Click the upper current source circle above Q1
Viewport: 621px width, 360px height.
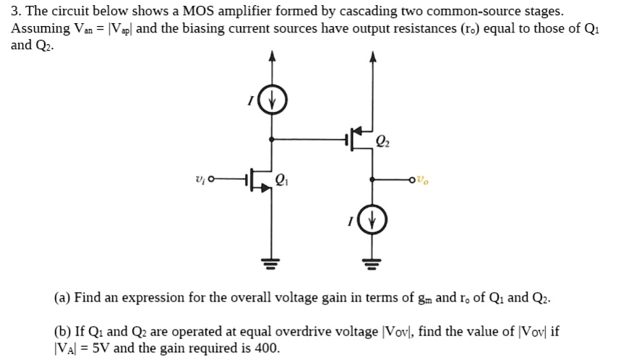(x=272, y=100)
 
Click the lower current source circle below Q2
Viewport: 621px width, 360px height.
(x=373, y=221)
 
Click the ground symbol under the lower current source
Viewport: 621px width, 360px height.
(x=373, y=262)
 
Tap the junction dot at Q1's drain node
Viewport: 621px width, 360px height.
(x=272, y=138)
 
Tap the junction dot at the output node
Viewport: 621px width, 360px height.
(x=373, y=178)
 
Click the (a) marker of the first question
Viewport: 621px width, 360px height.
(x=62, y=299)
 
